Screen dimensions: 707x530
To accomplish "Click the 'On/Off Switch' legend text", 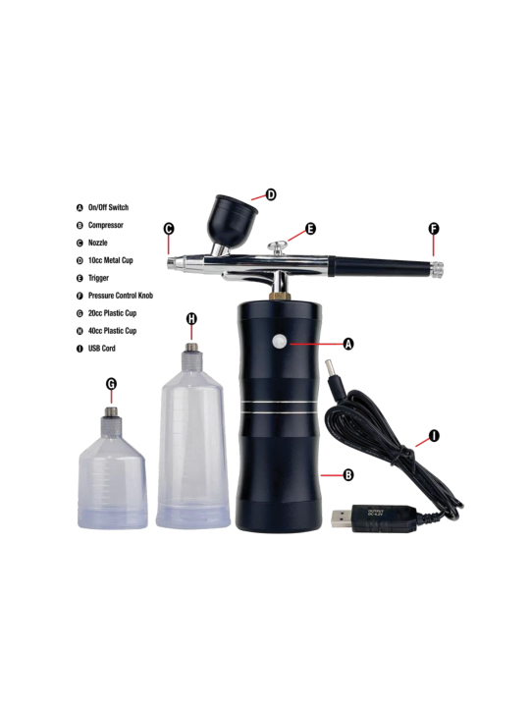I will tap(108, 208).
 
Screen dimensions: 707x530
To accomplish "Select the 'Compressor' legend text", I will tap(105, 225).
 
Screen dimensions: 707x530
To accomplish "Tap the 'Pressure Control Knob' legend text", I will tap(120, 296).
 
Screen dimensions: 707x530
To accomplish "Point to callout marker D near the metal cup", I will tap(271, 195).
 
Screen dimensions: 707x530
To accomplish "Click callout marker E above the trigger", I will tap(310, 229).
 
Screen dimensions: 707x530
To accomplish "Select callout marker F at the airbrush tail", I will tap(434, 229).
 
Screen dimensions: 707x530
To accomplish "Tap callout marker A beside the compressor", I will tap(347, 344).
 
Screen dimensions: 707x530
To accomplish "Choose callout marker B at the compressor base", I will tap(347, 474).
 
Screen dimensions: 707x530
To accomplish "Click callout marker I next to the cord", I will tap(434, 436).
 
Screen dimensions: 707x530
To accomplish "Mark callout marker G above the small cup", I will tap(111, 383).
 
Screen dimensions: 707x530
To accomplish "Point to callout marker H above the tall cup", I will tap(191, 318).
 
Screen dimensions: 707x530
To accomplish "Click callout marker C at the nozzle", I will tap(169, 229).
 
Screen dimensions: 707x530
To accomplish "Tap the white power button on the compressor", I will tap(279, 341).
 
